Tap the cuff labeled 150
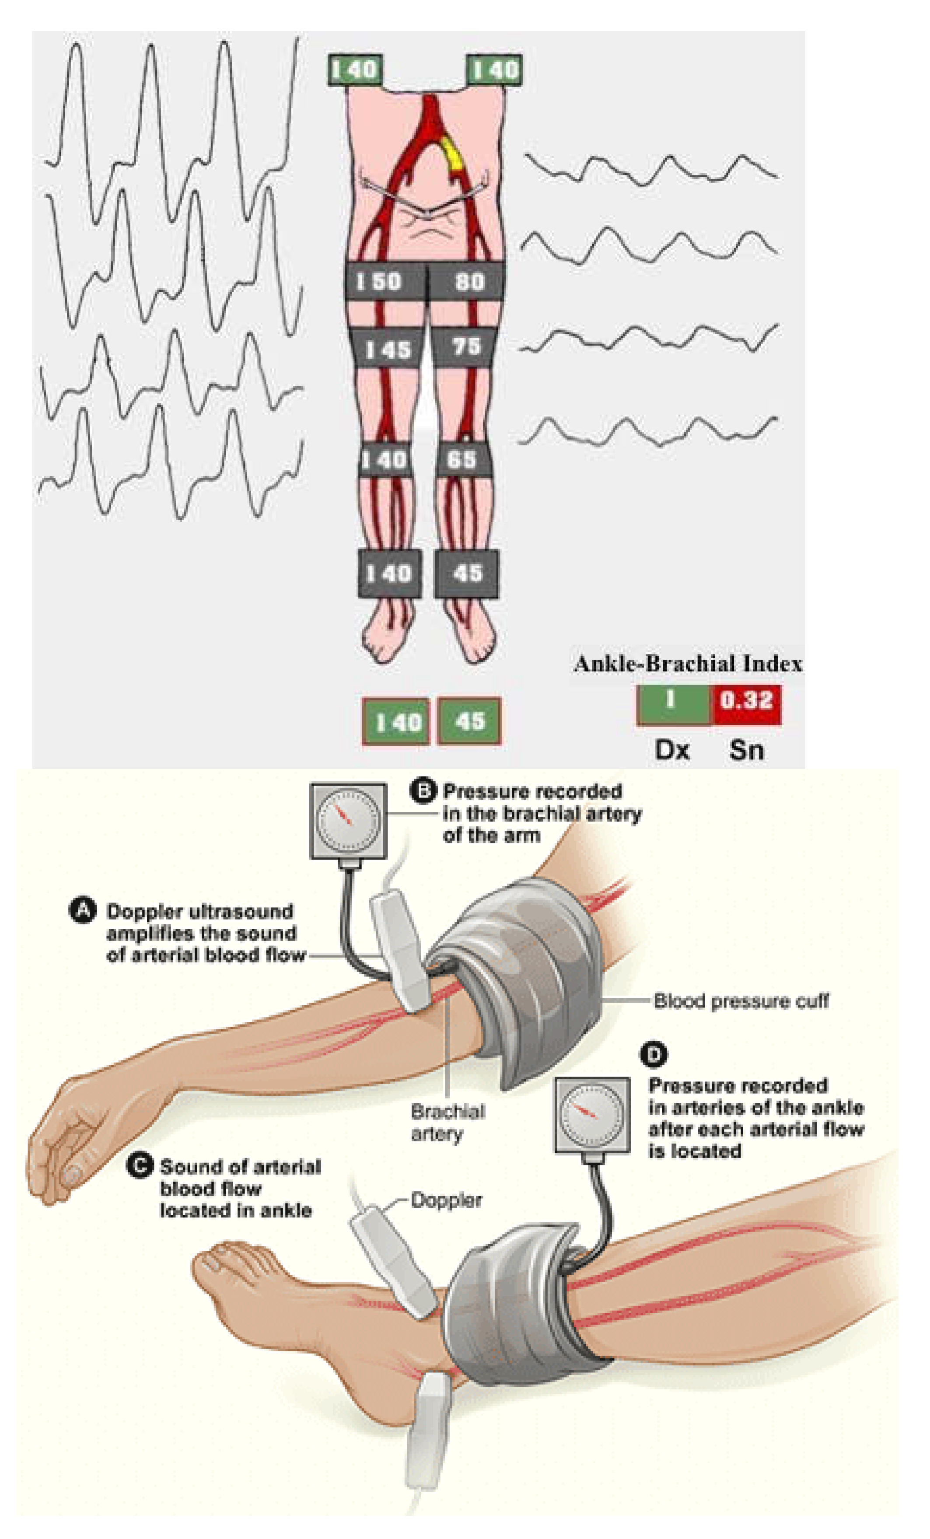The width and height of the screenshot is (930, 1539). (x=384, y=282)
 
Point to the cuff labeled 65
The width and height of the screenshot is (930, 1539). (x=463, y=460)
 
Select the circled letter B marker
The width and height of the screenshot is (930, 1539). (x=423, y=791)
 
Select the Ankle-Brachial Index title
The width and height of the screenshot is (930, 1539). (x=688, y=663)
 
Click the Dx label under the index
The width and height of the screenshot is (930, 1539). (x=672, y=749)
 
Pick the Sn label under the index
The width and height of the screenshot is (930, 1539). (x=746, y=749)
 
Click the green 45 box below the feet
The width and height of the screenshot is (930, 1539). (x=469, y=721)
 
